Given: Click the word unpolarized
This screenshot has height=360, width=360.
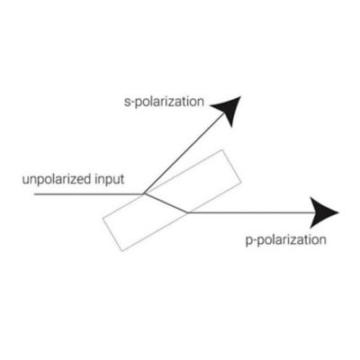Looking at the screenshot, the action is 57,180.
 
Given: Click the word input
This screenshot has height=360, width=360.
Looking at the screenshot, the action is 109,180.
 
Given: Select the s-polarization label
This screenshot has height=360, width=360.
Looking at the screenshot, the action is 164,103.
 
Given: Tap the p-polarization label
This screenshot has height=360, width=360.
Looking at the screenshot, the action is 286,240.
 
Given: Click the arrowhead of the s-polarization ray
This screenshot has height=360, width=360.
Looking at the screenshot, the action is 229,110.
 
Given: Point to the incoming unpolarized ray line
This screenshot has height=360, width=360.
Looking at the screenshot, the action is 89,194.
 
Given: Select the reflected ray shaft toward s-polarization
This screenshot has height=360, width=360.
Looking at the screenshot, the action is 184,154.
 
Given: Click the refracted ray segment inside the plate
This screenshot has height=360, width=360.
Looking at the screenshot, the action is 166,203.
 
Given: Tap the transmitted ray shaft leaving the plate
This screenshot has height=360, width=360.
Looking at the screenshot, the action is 252,212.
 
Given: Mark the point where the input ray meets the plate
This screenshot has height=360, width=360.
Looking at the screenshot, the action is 144,194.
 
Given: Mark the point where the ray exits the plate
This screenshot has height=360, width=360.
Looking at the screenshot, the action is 187,212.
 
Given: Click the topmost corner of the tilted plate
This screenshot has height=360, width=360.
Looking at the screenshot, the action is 222,149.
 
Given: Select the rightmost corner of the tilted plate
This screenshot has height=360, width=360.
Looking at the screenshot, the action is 241,182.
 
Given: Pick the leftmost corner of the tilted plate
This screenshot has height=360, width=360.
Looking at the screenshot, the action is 103,218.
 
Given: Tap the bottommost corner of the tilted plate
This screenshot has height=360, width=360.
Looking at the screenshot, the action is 121,251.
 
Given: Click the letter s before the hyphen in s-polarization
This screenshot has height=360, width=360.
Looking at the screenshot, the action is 127,103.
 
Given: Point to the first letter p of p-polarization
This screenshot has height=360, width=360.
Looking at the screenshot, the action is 249,241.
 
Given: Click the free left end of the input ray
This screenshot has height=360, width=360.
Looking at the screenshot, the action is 34,194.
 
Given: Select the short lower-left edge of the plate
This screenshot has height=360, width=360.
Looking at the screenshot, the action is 112,234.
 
